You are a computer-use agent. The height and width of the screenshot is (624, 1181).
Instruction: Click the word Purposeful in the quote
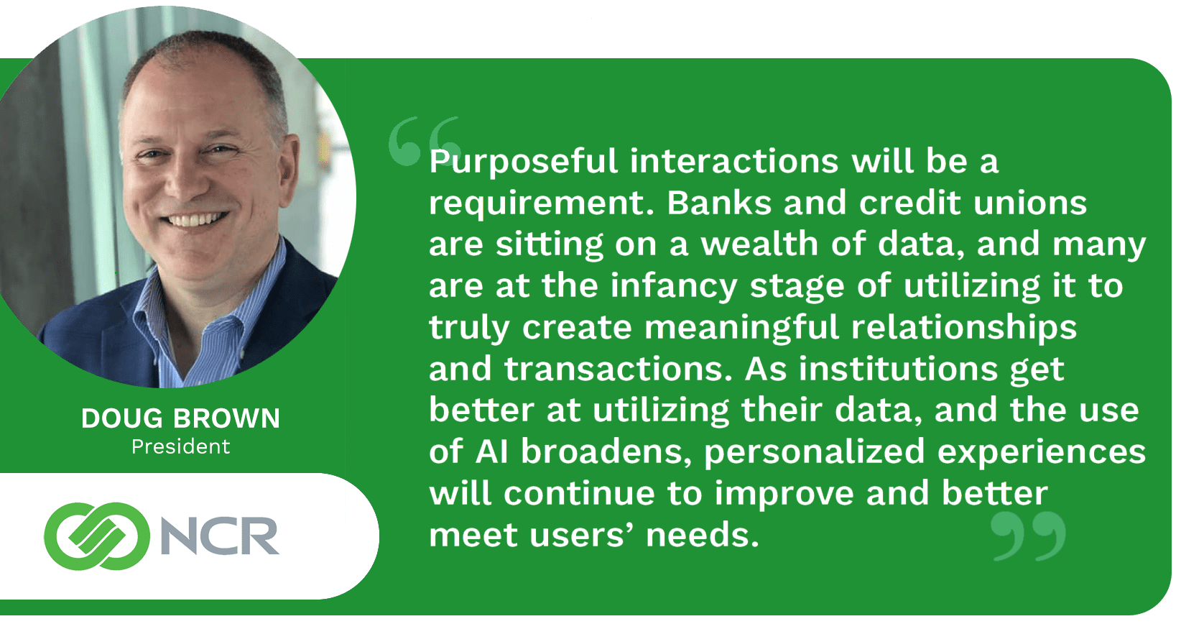523,162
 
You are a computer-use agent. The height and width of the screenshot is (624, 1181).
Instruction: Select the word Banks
719,203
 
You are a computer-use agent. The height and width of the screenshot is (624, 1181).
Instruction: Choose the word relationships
964,329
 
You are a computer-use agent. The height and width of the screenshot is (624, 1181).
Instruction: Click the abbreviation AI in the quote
491,451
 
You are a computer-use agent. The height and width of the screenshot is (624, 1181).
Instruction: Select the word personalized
815,453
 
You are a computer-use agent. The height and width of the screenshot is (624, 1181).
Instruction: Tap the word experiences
1042,453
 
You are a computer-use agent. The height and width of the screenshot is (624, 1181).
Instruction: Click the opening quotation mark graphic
424,140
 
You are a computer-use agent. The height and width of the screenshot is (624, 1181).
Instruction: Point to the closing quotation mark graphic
1027,536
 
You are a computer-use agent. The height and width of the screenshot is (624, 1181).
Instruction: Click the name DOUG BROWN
180,418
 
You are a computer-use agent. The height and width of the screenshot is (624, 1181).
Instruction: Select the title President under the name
180,446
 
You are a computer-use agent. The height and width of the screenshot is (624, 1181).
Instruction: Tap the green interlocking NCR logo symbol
96,536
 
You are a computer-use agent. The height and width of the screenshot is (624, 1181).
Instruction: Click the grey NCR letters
219,536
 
